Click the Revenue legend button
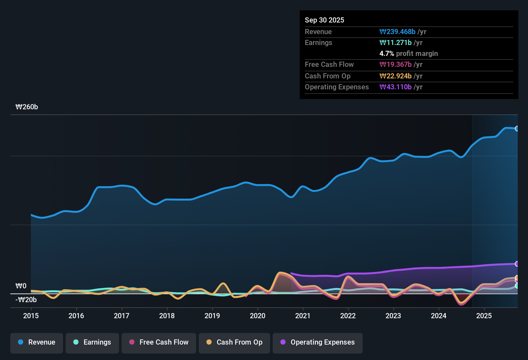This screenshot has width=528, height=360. coord(37,342)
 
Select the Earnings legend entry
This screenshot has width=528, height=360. coord(92,342)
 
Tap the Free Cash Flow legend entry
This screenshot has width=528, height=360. coord(159,342)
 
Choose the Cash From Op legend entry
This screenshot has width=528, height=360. coord(234,342)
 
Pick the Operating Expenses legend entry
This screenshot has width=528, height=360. coord(318,342)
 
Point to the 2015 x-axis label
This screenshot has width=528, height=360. coord(31,316)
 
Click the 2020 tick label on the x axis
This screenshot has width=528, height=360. coord(258,316)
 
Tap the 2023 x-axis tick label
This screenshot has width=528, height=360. coord(393,316)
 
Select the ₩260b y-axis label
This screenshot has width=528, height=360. coord(27,107)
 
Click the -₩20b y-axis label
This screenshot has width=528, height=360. coord(26,300)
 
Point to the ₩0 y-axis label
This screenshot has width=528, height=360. coord(21,286)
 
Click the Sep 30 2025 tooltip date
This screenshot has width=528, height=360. coord(324,20)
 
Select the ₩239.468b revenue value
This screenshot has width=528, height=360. coord(397,32)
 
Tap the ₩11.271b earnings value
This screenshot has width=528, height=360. coord(396,42)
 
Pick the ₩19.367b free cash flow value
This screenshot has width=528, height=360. coord(396,64)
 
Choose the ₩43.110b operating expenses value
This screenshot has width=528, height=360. coord(396,87)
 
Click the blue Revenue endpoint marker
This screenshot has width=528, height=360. coord(517,129)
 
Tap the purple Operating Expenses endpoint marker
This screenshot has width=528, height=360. coord(517,264)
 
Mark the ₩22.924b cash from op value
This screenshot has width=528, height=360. coord(396,76)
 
